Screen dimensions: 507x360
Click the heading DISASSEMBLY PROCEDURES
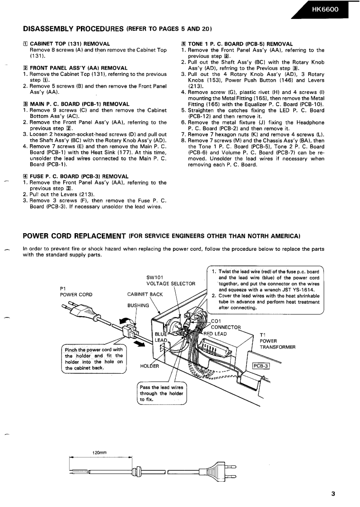click(x=73, y=29)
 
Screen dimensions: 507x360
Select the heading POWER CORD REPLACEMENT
click(x=74, y=235)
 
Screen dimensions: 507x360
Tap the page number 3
click(x=333, y=493)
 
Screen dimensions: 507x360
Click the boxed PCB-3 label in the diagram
click(x=261, y=366)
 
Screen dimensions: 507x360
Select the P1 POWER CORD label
click(x=76, y=291)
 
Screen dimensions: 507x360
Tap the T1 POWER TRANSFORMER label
click(x=277, y=341)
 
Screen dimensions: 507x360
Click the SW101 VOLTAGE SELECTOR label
click(x=170, y=281)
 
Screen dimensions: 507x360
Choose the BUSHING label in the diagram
click(x=138, y=305)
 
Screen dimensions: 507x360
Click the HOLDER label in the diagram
click(x=150, y=366)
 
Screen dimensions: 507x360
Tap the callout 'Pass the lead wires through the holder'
click(x=161, y=393)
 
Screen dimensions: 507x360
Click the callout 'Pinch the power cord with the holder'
click(x=94, y=358)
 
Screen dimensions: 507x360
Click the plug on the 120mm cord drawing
click(x=224, y=471)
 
